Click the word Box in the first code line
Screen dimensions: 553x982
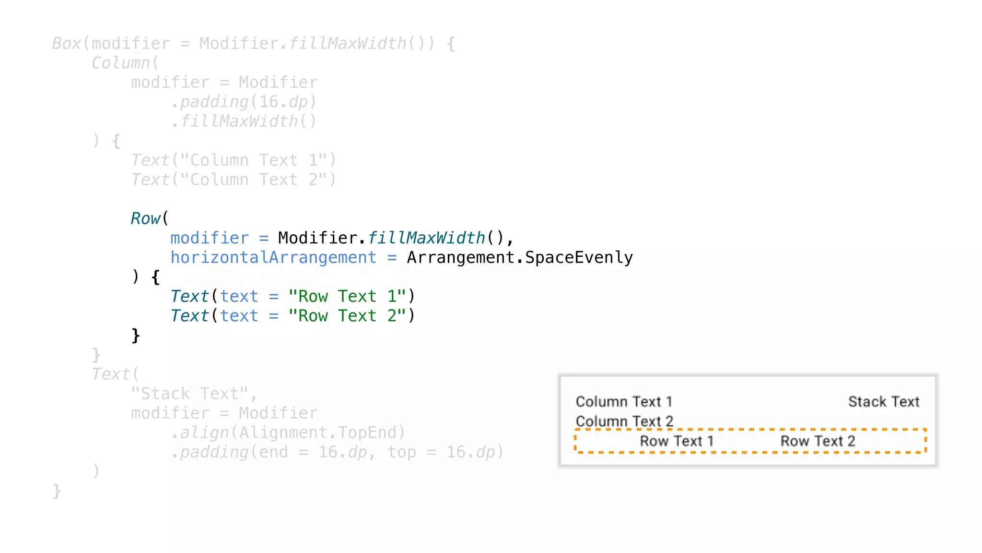(67, 44)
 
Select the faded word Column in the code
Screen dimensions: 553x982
(121, 63)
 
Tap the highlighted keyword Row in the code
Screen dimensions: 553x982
(145, 218)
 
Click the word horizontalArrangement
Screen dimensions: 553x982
(273, 258)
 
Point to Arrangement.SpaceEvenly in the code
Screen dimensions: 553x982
(520, 258)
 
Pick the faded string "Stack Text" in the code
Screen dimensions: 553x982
(190, 394)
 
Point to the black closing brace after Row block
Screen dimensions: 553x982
(136, 335)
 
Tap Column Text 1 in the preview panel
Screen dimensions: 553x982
(624, 402)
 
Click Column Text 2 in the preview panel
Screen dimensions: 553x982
(624, 421)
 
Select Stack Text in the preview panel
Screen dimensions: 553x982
(884, 402)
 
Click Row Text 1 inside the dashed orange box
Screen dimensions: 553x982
(677, 441)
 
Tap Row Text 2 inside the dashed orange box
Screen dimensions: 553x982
(818, 441)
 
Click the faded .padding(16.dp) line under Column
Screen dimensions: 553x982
(244, 102)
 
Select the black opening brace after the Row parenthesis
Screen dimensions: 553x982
(155, 277)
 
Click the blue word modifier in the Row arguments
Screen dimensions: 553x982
(210, 238)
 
